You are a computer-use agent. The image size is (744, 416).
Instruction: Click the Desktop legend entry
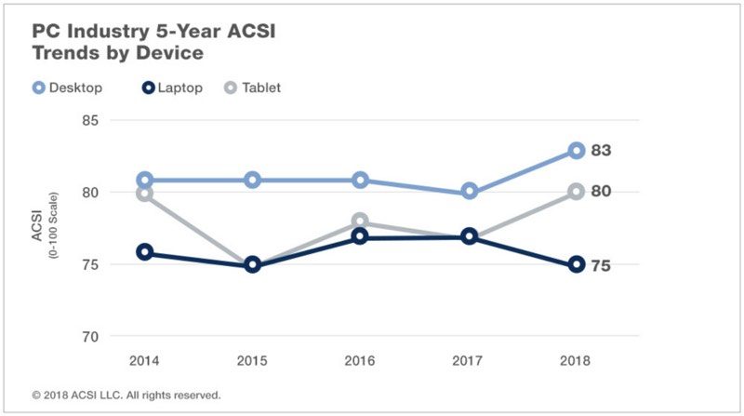pyautogui.click(x=66, y=87)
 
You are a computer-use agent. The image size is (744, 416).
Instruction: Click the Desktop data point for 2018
pyautogui.click(x=576, y=151)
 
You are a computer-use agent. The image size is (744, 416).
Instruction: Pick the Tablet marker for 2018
pyautogui.click(x=576, y=192)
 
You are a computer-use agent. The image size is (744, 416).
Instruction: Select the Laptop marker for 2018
pyautogui.click(x=576, y=264)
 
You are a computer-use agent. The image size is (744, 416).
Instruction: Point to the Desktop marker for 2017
pyautogui.click(x=470, y=191)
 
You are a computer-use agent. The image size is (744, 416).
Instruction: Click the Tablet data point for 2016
pyautogui.click(x=361, y=222)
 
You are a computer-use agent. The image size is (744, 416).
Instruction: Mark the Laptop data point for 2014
pyautogui.click(x=145, y=252)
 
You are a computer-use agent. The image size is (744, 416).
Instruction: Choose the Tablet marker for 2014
pyautogui.click(x=145, y=194)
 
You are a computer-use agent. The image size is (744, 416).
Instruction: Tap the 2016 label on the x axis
pyautogui.click(x=361, y=359)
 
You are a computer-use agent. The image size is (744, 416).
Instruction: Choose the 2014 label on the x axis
pyautogui.click(x=145, y=359)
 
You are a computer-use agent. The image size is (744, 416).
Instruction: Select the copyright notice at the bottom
pyautogui.click(x=126, y=395)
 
